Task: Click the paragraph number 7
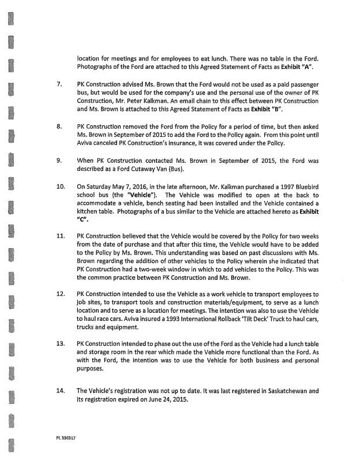pyautogui.click(x=59, y=84)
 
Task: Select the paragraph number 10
pyautogui.click(x=61, y=187)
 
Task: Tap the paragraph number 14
pyautogui.click(x=61, y=391)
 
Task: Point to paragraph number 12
pyautogui.click(x=61, y=294)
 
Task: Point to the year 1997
pyautogui.click(x=273, y=187)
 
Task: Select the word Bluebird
pyautogui.click(x=303, y=187)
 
